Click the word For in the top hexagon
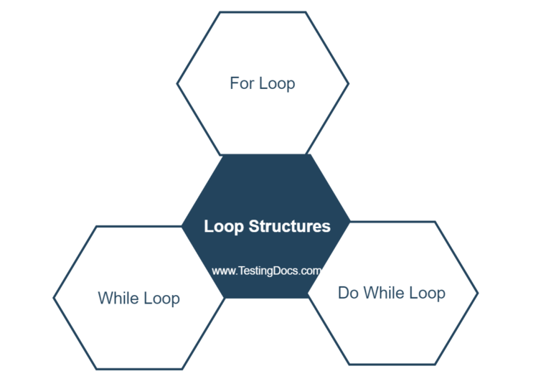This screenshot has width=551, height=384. click(242, 83)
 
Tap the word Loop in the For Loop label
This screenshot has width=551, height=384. click(277, 84)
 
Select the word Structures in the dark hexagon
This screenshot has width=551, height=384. click(290, 227)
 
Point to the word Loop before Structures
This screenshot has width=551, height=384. click(224, 227)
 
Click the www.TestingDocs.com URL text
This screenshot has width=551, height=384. click(265, 271)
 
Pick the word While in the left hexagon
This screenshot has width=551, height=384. click(120, 297)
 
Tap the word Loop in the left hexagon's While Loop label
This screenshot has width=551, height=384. click(163, 298)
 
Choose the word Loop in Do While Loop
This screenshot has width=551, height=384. click(428, 293)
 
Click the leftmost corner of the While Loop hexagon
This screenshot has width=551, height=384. click(54, 297)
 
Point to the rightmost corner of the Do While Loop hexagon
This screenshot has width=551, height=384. click(478, 293)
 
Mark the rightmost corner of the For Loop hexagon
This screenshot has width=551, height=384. click(349, 83)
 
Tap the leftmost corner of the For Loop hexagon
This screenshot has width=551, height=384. click(177, 83)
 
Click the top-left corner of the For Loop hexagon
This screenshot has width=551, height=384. click(220, 12)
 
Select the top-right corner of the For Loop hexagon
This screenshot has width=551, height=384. click(306, 12)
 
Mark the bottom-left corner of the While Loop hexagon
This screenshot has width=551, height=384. click(96, 369)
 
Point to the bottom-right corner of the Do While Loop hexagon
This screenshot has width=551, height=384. click(435, 364)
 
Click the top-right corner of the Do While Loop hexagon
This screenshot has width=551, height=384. click(435, 222)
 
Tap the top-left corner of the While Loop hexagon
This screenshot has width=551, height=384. click(96, 226)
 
